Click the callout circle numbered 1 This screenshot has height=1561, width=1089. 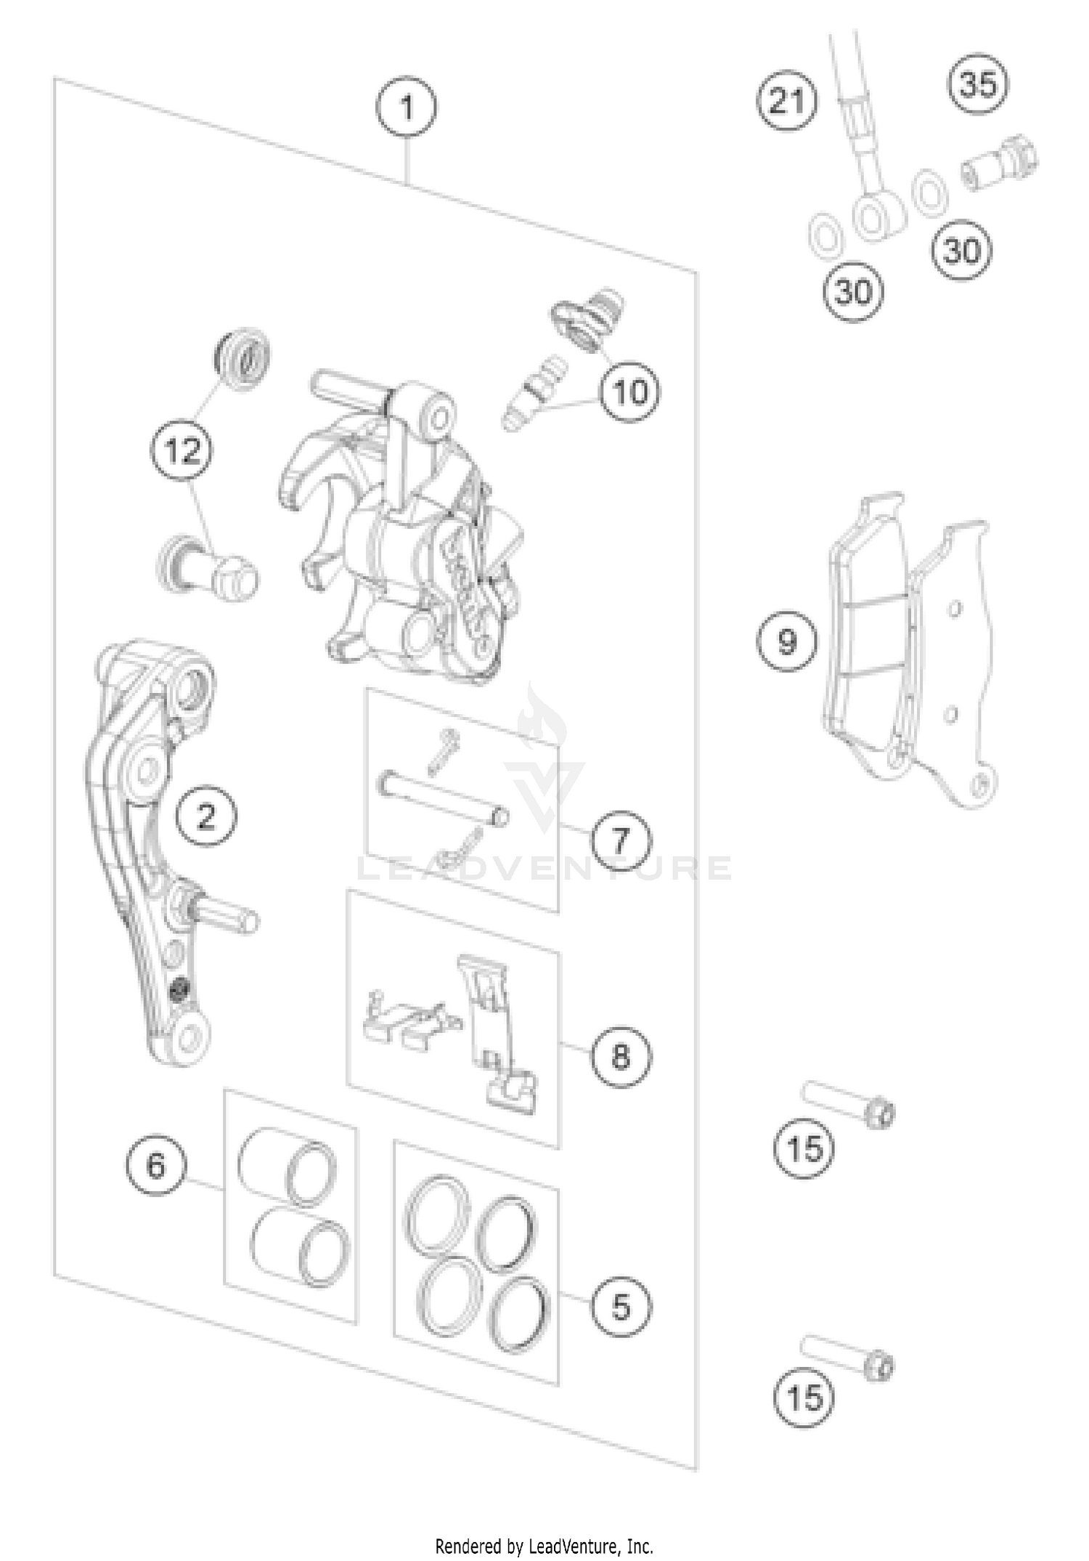coord(407,108)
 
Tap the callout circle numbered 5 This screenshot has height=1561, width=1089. coord(621,1307)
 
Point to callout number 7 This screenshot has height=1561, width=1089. coord(621,841)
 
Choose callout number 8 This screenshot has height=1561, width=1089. coord(621,1055)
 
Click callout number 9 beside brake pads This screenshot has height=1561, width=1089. coord(787,641)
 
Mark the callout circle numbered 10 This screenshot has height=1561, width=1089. coord(629,392)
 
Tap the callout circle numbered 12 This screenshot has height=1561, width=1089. coord(181,451)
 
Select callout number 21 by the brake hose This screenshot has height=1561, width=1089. coord(788,100)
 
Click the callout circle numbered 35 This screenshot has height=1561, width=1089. coord(978,84)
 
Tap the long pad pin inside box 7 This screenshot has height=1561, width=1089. coord(443,799)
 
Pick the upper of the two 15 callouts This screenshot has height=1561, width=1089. coord(804,1149)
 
